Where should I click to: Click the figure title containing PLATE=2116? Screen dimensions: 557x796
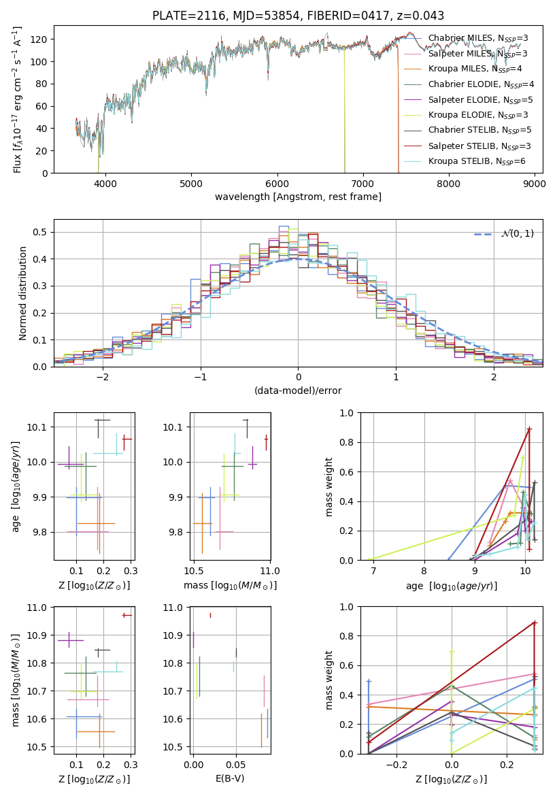coord(299,15)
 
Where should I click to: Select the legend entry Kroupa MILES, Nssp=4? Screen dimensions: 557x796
coord(475,69)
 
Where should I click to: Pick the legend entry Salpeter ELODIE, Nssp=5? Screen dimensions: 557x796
coord(480,100)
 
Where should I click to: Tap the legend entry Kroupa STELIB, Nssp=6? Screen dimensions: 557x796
coord(477,161)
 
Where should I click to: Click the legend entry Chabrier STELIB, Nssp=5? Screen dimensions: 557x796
coord(480,131)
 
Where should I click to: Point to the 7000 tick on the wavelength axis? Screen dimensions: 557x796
coord(362,183)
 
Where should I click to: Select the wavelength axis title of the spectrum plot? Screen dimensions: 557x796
coord(299,197)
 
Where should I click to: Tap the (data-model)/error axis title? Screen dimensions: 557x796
coord(299,391)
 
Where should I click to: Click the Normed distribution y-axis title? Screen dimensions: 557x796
coord(22,293)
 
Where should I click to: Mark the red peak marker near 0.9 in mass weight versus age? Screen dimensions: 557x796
coord(529,429)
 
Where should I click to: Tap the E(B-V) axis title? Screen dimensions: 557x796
coord(230,777)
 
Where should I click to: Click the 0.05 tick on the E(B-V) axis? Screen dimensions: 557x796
coord(236,765)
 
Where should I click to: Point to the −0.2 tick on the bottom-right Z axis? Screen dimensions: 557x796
coord(396,765)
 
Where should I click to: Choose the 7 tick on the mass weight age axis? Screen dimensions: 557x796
coord(373,571)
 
